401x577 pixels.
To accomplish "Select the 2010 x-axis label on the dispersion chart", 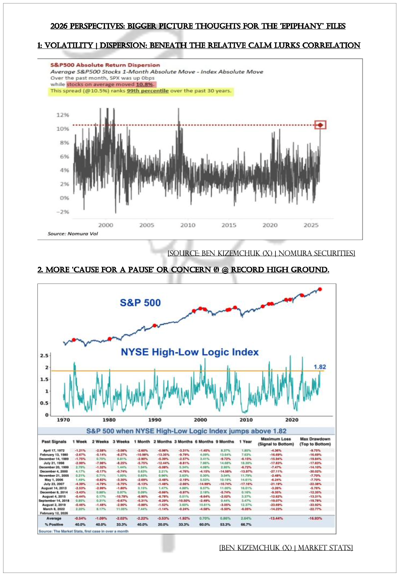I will pyautogui.click(x=188, y=225).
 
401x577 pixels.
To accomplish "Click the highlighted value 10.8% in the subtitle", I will pyautogui.click(x=131, y=85).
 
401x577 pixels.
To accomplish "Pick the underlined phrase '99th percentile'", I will pyautogui.click(x=152, y=91).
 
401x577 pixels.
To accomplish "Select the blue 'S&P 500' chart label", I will pyautogui.click(x=140, y=303).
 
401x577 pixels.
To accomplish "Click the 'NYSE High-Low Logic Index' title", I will pyautogui.click(x=189, y=352).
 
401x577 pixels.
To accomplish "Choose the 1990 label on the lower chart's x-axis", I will pyautogui.click(x=155, y=419).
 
